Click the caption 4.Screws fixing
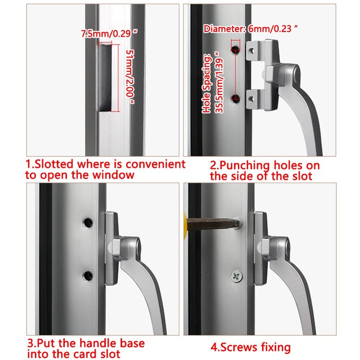251,347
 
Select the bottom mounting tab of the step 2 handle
257,96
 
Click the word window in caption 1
113,175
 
